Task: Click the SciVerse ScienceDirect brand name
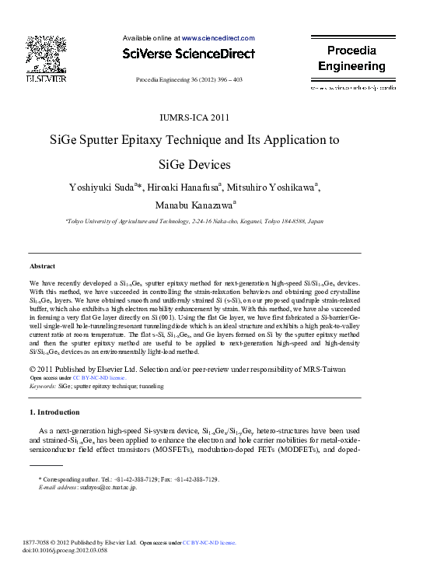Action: click(x=189, y=54)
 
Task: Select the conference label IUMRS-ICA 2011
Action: click(x=194, y=118)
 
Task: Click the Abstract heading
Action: click(x=42, y=264)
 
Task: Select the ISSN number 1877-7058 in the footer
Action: click(x=44, y=542)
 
